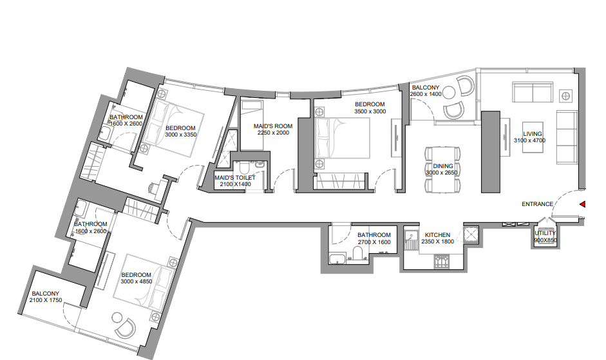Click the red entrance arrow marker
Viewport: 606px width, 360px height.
(x=582, y=204)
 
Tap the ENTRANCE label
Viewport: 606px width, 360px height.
(x=537, y=204)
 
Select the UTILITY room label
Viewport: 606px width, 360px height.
(x=545, y=233)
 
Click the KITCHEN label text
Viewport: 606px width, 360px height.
(x=437, y=234)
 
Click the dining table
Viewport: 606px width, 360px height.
(x=443, y=169)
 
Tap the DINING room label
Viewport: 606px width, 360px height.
(x=443, y=166)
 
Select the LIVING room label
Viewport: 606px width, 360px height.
(x=533, y=134)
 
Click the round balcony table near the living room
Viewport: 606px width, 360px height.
(x=449, y=93)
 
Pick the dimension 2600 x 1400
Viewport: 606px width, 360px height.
(x=426, y=94)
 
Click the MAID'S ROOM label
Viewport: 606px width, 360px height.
(x=273, y=126)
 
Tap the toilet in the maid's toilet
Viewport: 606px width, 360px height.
(x=245, y=168)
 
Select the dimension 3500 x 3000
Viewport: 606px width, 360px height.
(x=370, y=111)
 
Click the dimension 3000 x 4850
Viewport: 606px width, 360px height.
(x=137, y=281)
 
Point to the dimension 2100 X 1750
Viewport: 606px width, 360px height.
(x=46, y=300)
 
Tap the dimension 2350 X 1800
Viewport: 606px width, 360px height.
(x=437, y=242)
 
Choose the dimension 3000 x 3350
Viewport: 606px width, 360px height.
(x=181, y=135)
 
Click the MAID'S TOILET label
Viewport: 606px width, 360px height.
(x=235, y=178)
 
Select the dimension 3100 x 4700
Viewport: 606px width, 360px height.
(x=529, y=140)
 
